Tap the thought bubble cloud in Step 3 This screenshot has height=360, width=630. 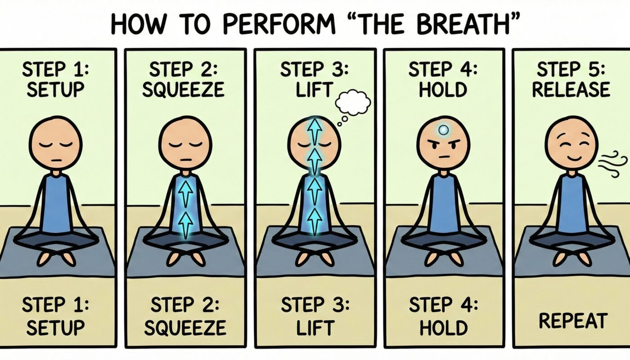pos(353,103)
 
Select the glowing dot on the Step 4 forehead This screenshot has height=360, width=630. pos(444,130)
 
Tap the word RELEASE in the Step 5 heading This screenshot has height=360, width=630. pos(571,90)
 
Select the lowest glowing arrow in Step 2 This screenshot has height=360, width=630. pos(185,225)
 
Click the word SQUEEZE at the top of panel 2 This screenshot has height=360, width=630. pos(183,90)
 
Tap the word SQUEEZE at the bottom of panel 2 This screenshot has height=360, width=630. pos(185,327)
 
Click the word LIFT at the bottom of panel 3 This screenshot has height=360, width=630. pos(315,327)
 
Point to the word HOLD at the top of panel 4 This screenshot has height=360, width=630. pos(443,90)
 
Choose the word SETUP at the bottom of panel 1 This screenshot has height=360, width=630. pos(55,327)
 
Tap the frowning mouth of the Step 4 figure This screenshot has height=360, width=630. pos(444,157)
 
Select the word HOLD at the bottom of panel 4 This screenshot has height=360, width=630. pos(444,327)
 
